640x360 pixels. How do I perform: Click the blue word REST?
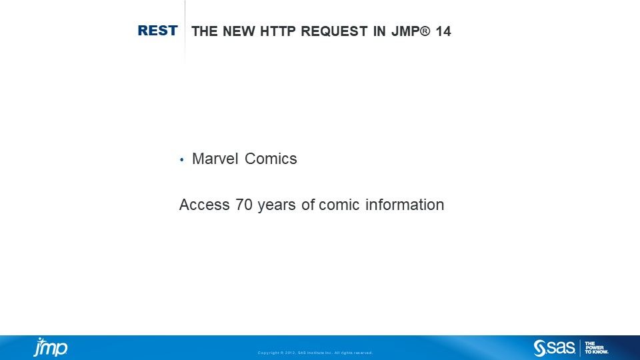pyautogui.click(x=157, y=30)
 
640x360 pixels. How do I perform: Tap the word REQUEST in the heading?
pyautogui.click(x=334, y=31)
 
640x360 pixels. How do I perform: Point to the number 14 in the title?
pyautogui.click(x=443, y=31)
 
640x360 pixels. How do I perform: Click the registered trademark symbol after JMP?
pyautogui.click(x=425, y=31)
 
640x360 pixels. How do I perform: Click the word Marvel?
pyautogui.click(x=215, y=159)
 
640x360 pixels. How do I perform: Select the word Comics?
pyautogui.click(x=271, y=159)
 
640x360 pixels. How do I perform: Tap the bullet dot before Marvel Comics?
pyautogui.click(x=181, y=159)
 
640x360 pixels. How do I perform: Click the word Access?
pyautogui.click(x=205, y=205)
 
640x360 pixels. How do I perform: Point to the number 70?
pyautogui.click(x=244, y=205)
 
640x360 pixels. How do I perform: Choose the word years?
pyautogui.click(x=277, y=205)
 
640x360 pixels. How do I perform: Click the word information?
pyautogui.click(x=405, y=205)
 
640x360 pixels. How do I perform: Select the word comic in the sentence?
pyautogui.click(x=339, y=205)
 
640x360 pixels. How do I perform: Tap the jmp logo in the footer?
pyautogui.click(x=51, y=347)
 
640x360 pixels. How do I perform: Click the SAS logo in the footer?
pyautogui.click(x=554, y=348)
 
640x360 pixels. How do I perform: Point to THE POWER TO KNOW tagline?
pyautogui.click(x=596, y=348)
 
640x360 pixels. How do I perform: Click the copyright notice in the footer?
pyautogui.click(x=315, y=353)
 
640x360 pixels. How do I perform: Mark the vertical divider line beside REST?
pyautogui.click(x=185, y=31)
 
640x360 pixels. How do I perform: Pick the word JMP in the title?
pyautogui.click(x=405, y=31)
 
